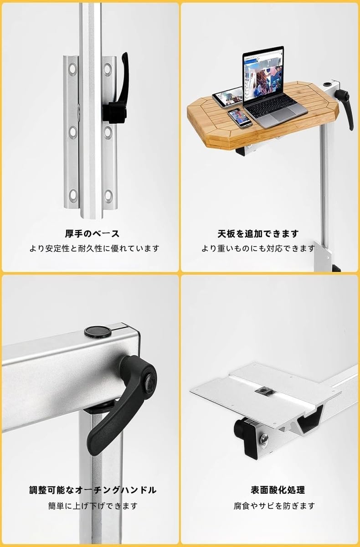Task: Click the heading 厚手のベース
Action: (92, 233)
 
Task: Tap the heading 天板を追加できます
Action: (258, 233)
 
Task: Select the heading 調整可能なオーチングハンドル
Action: (92, 490)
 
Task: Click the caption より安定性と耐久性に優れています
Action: (94, 248)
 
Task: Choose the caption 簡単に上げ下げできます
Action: (93, 506)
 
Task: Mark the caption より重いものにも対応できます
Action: (258, 248)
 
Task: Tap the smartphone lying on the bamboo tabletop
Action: (240, 118)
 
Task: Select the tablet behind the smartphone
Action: (227, 97)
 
